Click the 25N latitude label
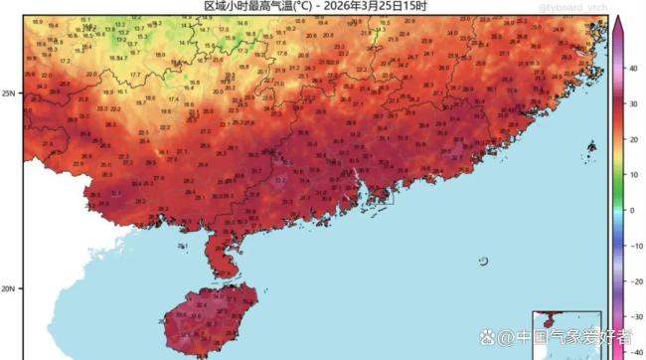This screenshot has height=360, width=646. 10,93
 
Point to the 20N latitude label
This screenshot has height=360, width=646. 10,289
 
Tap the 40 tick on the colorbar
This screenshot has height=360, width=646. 632,68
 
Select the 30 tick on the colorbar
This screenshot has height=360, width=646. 632,103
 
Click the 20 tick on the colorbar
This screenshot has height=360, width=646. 632,139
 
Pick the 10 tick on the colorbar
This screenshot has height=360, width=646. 632,175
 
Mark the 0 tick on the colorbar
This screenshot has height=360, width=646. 631,211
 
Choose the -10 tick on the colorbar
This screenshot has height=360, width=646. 633,247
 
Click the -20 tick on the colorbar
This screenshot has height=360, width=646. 633,282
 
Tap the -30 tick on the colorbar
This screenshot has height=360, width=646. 633,318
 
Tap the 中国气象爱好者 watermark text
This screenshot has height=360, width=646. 573,339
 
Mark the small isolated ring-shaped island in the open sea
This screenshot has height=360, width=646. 483,263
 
